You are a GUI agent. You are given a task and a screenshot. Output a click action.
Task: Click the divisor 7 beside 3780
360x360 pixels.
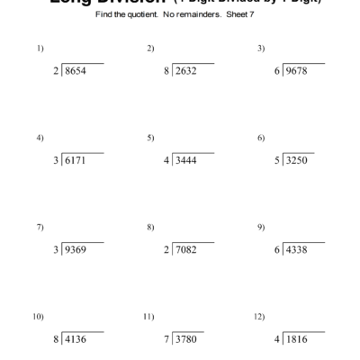click(167, 339)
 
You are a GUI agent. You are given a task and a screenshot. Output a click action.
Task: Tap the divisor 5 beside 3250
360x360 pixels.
click(277, 160)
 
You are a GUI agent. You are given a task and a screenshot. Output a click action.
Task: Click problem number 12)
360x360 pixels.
click(260, 317)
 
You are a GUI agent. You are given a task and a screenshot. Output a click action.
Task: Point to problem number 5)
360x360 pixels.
click(149, 138)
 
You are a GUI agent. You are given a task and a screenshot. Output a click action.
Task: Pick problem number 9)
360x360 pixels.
click(260, 227)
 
